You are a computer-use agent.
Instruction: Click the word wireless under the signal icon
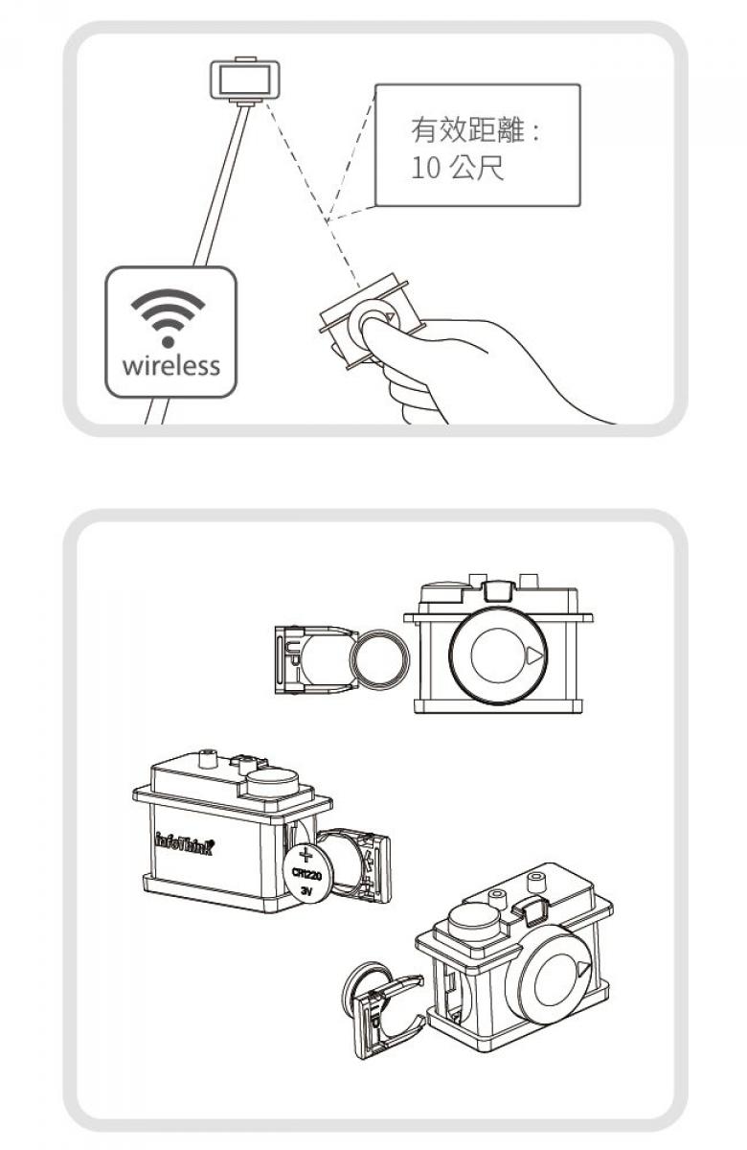170,365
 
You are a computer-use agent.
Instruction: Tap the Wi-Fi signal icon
168,318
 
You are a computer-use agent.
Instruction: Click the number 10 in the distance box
426,169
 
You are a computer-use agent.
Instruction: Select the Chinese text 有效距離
468,130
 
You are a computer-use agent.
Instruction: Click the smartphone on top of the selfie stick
245,80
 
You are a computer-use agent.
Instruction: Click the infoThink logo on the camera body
184,845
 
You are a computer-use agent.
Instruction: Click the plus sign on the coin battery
306,855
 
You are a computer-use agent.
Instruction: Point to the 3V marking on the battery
306,892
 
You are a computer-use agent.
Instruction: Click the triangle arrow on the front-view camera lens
534,655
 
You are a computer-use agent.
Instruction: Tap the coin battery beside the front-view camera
380,657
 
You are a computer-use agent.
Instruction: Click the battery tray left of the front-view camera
315,659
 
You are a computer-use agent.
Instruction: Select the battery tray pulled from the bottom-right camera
389,1018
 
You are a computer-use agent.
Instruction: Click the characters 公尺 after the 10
477,168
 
